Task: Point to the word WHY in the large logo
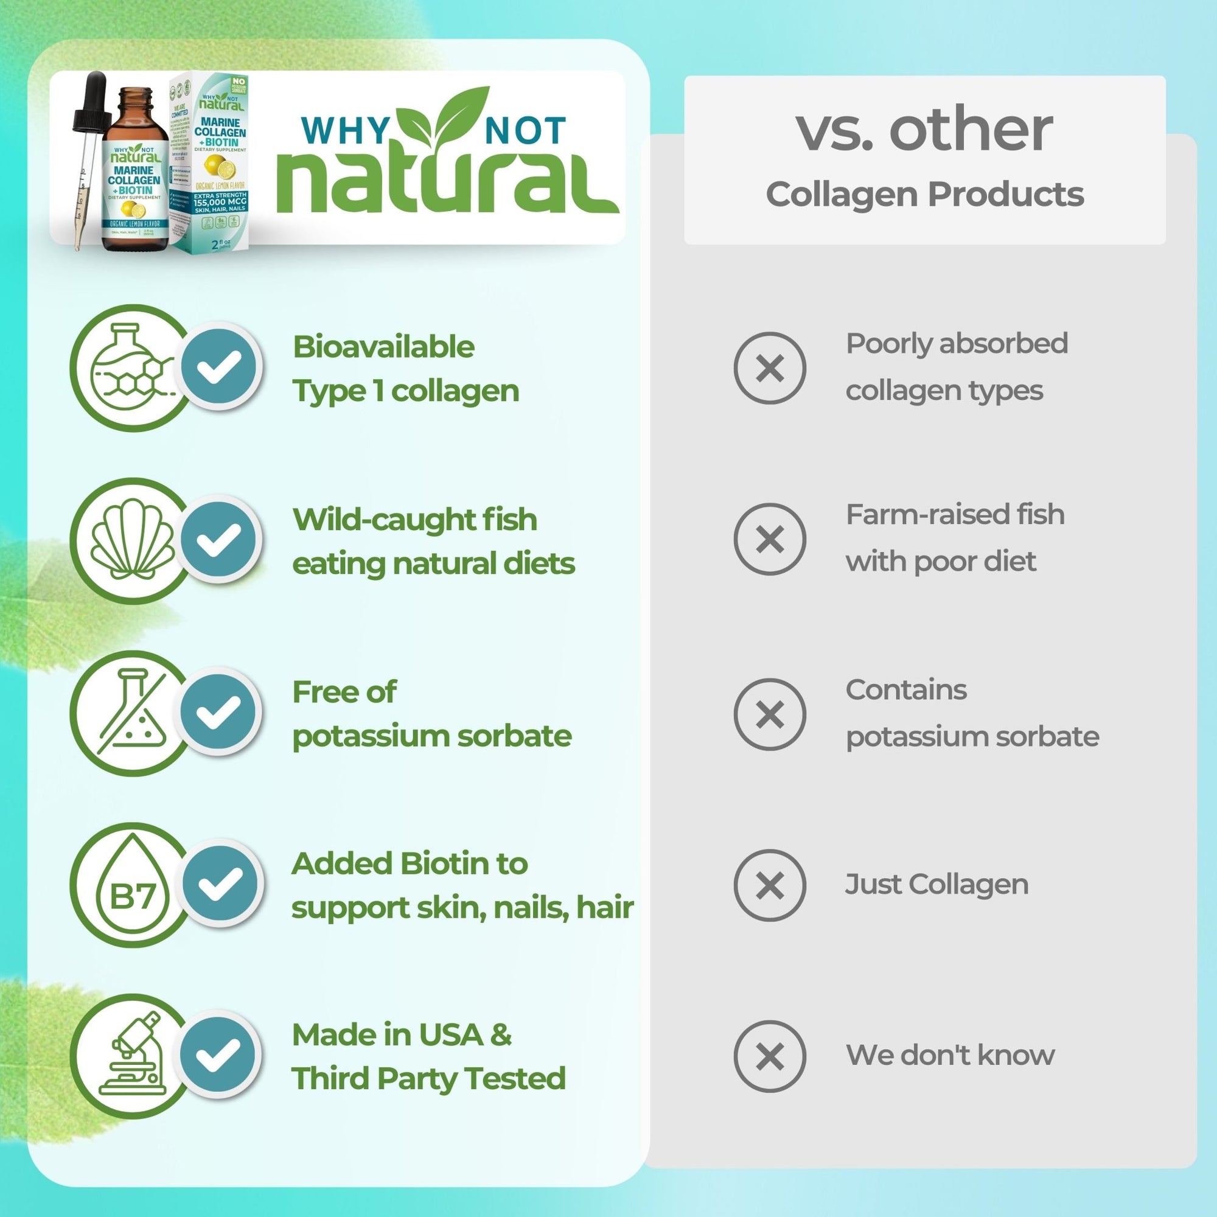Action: pos(345,130)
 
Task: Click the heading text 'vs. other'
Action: pos(924,130)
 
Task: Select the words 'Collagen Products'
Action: pos(924,194)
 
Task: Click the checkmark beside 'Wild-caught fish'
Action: pos(219,539)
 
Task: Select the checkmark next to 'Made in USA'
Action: pos(219,1055)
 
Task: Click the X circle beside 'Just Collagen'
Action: pos(769,885)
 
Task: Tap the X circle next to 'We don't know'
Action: pos(769,1056)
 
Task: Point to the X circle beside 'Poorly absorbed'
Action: pos(769,368)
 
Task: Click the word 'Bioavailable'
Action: pos(383,347)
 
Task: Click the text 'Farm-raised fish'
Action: pos(954,515)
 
